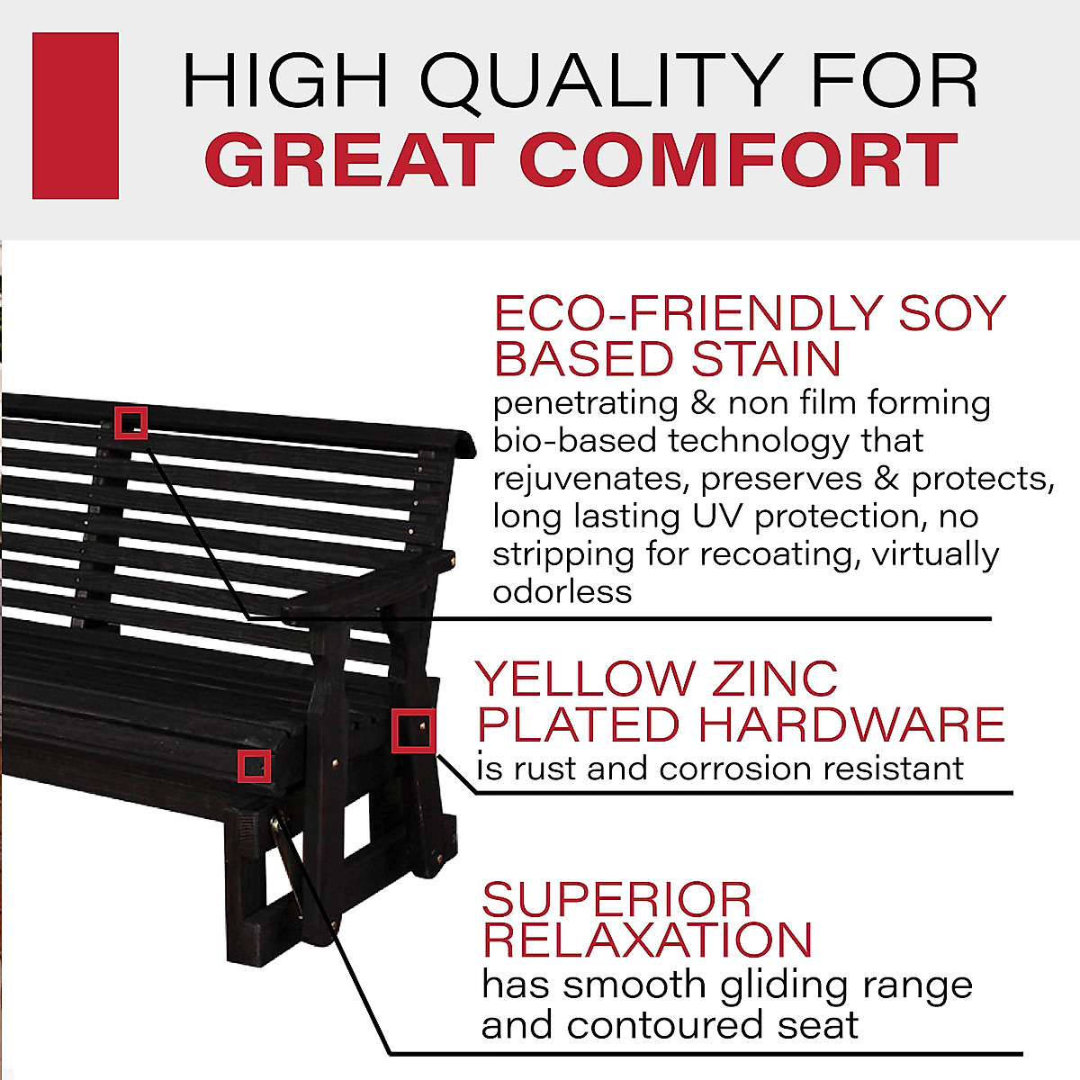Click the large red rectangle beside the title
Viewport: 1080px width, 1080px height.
click(x=76, y=115)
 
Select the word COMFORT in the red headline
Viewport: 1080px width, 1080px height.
click(x=738, y=160)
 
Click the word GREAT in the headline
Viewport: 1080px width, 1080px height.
click(x=351, y=160)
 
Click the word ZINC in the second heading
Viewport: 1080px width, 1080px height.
click(x=775, y=679)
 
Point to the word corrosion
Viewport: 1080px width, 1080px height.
click(x=734, y=769)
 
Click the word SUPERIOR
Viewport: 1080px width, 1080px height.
click(x=617, y=899)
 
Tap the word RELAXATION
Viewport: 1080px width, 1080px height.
click(x=647, y=940)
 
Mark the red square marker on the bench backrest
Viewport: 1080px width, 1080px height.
click(x=130, y=421)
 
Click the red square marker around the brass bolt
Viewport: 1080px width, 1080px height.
click(x=414, y=731)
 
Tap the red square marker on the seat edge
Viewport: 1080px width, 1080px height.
click(x=254, y=765)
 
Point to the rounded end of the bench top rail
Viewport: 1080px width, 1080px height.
click(x=463, y=443)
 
